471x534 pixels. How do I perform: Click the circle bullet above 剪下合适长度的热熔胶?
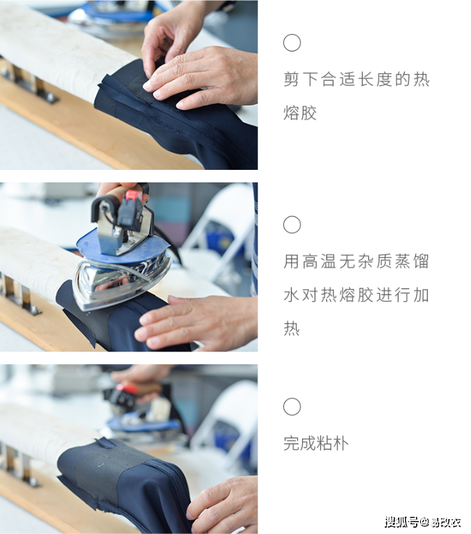pyautogui.click(x=292, y=43)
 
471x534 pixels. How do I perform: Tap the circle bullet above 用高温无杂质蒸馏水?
pyautogui.click(x=292, y=225)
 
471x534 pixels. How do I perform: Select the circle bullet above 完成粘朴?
pyautogui.click(x=292, y=407)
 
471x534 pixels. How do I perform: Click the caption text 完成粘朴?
pyautogui.click(x=316, y=443)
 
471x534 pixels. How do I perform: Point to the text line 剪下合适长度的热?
pyautogui.click(x=356, y=79)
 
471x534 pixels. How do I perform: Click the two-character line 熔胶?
pyautogui.click(x=300, y=113)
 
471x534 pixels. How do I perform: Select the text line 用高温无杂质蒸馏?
pyautogui.click(x=356, y=262)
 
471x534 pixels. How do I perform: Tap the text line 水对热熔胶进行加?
pyautogui.click(x=356, y=295)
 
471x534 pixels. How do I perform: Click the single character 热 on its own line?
pyautogui.click(x=292, y=329)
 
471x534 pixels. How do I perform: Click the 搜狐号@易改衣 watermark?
pyautogui.click(x=422, y=521)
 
